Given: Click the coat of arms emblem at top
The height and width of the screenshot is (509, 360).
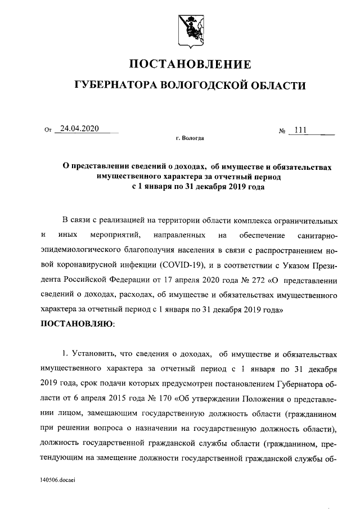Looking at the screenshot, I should tap(190, 26).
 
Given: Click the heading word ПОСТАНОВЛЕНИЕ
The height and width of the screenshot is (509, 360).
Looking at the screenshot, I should tap(190, 63).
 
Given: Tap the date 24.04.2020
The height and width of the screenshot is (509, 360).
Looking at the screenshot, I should tap(80, 128).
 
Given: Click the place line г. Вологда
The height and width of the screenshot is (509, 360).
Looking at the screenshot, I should tap(190, 138).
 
